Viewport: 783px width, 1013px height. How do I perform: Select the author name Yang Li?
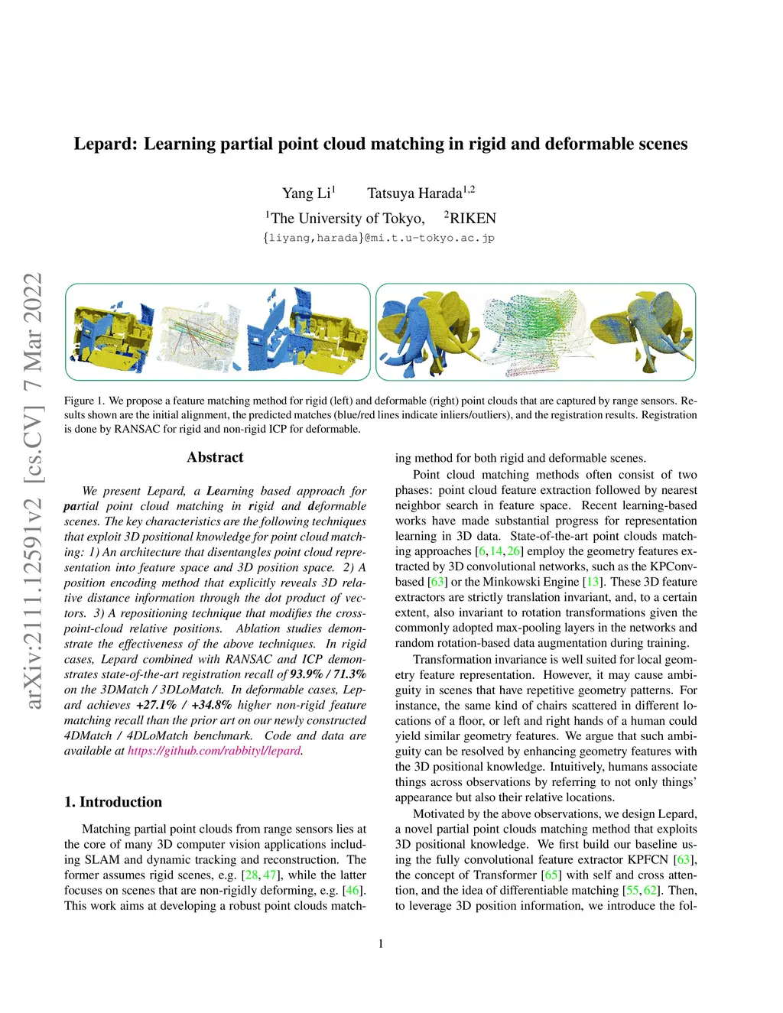point(306,193)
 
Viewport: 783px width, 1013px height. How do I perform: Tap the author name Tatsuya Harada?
point(414,193)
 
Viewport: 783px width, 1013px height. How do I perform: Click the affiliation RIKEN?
point(473,219)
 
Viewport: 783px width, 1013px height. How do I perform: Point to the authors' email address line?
point(379,238)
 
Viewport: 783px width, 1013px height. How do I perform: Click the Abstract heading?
point(215,457)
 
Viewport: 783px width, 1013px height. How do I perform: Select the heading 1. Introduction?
point(113,802)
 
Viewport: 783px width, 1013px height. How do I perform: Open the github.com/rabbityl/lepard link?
point(214,751)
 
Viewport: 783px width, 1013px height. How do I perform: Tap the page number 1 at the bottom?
point(381,943)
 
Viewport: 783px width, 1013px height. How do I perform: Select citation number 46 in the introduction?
point(353,890)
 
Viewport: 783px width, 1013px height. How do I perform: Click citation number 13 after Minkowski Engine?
point(593,582)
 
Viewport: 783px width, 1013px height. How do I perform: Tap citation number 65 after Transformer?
point(550,875)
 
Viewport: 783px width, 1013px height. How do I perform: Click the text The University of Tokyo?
point(347,219)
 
